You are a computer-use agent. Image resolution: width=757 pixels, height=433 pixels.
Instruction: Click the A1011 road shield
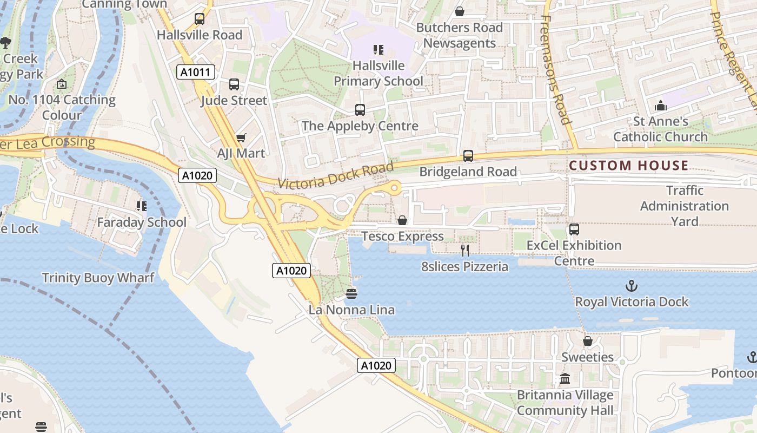pyautogui.click(x=196, y=72)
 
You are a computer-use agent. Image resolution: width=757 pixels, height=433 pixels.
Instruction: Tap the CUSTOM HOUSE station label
pyautogui.click(x=629, y=166)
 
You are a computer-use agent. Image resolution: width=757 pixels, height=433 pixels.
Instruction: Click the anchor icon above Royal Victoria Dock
pyautogui.click(x=631, y=285)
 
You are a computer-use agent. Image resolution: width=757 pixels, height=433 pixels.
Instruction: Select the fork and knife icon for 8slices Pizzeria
pyautogui.click(x=464, y=250)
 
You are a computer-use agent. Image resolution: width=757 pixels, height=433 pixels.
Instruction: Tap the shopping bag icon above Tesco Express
pyautogui.click(x=402, y=220)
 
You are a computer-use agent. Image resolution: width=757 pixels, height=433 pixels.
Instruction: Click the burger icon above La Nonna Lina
pyautogui.click(x=351, y=293)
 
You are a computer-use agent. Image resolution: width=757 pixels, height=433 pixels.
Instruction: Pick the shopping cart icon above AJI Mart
pyautogui.click(x=241, y=137)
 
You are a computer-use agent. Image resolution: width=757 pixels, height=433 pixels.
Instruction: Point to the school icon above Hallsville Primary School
pyautogui.click(x=378, y=50)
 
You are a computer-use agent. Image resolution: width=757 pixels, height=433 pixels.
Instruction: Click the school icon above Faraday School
pyautogui.click(x=142, y=206)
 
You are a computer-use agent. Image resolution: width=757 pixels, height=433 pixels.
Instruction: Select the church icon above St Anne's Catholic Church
pyautogui.click(x=660, y=106)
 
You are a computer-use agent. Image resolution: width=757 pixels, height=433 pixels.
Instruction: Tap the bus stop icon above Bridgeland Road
pyautogui.click(x=468, y=156)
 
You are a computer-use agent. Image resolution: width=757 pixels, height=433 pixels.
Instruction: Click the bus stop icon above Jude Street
pyautogui.click(x=234, y=84)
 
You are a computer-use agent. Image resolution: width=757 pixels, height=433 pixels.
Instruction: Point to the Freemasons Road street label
pyautogui.click(x=555, y=70)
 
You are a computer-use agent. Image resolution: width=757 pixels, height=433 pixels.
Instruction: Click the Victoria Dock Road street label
pyautogui.click(x=336, y=176)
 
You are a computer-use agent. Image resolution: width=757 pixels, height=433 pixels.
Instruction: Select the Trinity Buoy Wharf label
pyautogui.click(x=98, y=278)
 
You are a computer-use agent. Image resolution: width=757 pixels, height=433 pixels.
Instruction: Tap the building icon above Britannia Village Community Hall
pyautogui.click(x=565, y=378)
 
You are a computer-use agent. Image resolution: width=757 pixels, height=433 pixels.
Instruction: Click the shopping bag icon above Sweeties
pyautogui.click(x=588, y=341)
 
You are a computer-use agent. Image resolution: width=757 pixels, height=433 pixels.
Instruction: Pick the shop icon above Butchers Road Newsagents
pyautogui.click(x=460, y=11)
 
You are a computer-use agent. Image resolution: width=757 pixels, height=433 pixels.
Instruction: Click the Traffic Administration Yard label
pyautogui.click(x=685, y=206)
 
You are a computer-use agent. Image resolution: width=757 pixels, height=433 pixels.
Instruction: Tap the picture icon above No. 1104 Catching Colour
pyautogui.click(x=62, y=84)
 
